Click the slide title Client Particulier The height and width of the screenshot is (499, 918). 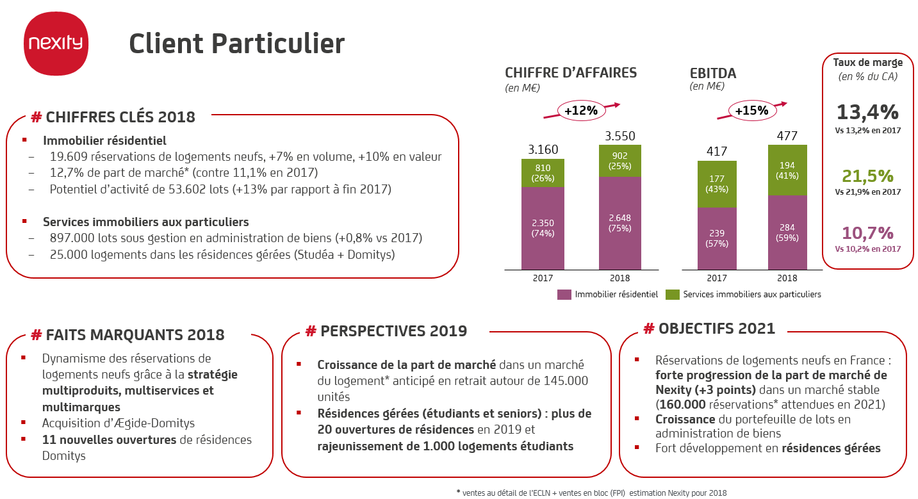coord(236,44)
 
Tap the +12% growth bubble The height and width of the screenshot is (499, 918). coord(580,110)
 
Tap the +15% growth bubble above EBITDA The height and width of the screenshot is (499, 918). coord(751,110)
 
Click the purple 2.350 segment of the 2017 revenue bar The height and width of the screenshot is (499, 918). coord(543,227)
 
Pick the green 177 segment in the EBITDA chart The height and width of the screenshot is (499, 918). coord(716,184)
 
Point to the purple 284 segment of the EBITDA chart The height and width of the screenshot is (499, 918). coord(787,232)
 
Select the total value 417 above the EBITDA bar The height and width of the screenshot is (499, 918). coord(716,151)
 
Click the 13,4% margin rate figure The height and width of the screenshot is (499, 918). coord(867,112)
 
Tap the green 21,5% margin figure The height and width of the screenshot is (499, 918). coord(867,176)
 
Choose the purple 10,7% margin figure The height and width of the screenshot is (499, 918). coord(867,233)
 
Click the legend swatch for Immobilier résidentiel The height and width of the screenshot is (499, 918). coord(564,295)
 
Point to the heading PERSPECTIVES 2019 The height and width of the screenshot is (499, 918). coord(386,331)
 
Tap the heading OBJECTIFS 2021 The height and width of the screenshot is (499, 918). coord(709,329)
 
